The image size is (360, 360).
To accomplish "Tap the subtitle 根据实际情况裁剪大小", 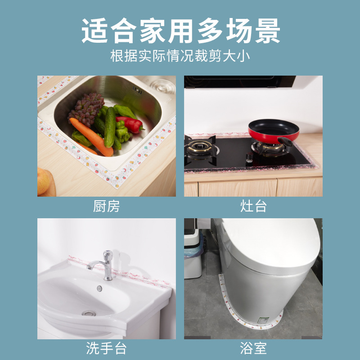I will click(x=180, y=57).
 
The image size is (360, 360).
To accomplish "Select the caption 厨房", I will click(x=107, y=207).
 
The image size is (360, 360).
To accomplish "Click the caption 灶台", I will click(x=253, y=207).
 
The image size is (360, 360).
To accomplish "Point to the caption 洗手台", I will click(x=107, y=348).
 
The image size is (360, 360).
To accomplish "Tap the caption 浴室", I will click(x=253, y=348).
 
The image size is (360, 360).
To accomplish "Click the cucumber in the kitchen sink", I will click(x=110, y=128).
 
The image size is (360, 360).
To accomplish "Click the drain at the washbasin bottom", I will click(x=88, y=312).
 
